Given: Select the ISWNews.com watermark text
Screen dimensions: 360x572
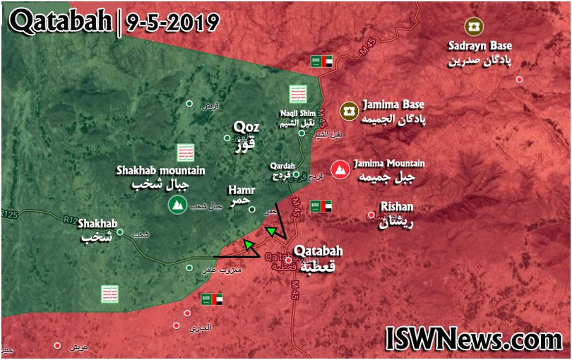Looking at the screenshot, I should pos(474,340).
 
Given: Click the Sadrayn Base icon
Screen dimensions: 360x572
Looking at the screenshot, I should pos(472,27).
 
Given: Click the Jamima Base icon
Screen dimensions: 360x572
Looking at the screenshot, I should pos(347,110).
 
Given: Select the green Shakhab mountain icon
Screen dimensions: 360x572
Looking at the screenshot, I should pos(177,205).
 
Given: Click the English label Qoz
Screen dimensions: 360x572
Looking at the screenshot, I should pos(246,128).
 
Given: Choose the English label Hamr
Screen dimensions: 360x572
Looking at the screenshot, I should pos(241,190).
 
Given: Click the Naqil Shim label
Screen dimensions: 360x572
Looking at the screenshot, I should pos(296,111).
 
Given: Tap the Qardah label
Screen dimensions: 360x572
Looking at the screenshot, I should pos(282,167).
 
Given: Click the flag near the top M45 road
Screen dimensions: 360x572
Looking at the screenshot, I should pos(321,61).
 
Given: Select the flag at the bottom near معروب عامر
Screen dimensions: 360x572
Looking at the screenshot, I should pos(212,299).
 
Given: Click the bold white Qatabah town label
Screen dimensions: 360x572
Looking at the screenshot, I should pos(318,251).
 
